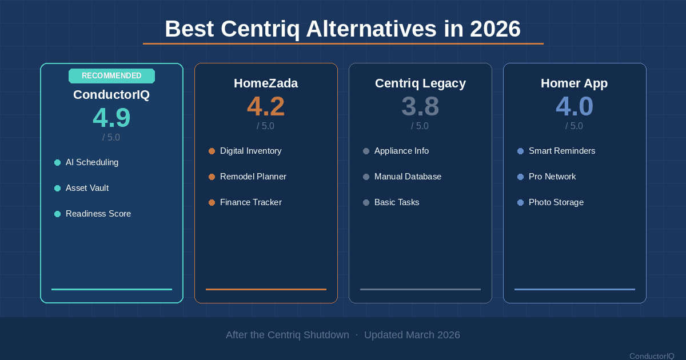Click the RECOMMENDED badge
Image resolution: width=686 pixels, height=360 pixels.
pos(111,76)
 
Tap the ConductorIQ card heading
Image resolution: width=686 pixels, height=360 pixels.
pos(111,95)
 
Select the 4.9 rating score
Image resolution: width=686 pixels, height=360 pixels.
pos(111,118)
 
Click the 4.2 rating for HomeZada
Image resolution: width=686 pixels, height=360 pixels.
pos(266,107)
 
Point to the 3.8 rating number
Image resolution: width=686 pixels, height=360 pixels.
pos(420,107)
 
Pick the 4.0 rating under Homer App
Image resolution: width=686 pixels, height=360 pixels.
pos(575,107)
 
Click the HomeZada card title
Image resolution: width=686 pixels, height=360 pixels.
pos(266,83)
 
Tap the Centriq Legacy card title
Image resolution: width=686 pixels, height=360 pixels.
pos(420,83)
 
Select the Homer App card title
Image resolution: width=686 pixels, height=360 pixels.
pos(575,83)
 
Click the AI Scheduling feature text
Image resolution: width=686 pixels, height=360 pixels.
pos(92,162)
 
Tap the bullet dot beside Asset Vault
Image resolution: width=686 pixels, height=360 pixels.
pos(57,188)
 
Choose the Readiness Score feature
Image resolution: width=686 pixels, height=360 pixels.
pos(98,214)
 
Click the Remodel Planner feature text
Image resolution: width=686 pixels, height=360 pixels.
pos(253,177)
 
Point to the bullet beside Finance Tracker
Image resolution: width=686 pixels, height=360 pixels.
pos(212,202)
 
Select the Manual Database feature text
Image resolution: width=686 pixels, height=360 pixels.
pos(408,177)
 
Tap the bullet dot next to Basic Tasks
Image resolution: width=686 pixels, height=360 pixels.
pos(366,202)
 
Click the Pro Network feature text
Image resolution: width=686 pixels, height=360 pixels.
pos(552,177)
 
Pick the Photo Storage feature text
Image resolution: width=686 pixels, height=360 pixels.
pos(556,202)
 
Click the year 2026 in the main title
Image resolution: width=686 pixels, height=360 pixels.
pos(495,29)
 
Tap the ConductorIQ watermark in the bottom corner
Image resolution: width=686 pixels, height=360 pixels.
pos(652,356)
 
